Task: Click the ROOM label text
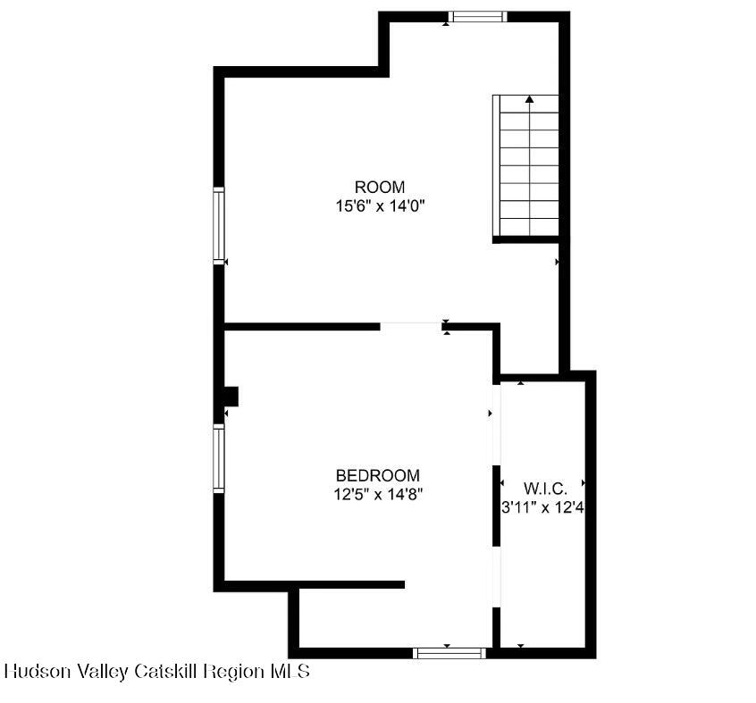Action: click(380, 188)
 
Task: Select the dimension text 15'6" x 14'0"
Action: click(380, 205)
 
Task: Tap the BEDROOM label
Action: click(377, 475)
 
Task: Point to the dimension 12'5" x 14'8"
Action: click(377, 493)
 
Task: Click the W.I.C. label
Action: click(545, 489)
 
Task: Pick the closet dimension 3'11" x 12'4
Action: click(548, 506)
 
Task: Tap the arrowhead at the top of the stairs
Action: click(530, 99)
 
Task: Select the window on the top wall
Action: click(477, 16)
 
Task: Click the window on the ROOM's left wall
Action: click(219, 225)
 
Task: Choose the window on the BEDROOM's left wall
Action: click(219, 457)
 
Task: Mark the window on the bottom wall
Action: click(449, 653)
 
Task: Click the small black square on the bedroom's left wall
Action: click(231, 396)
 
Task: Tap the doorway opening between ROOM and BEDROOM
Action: click(410, 327)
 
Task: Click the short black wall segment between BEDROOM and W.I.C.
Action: click(496, 505)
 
